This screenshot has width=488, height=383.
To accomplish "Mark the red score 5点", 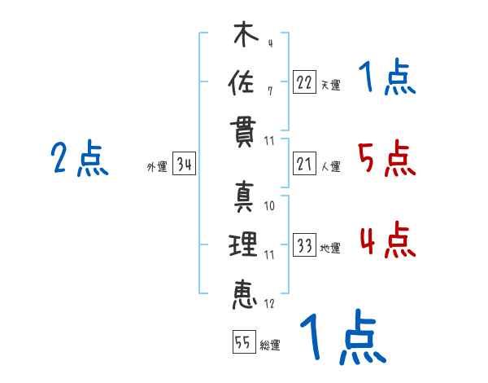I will (386, 159).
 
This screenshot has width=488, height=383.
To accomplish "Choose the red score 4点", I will (386, 240).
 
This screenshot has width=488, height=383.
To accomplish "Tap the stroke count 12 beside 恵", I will (269, 304).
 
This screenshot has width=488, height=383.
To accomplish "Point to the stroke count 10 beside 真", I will (270, 206).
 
